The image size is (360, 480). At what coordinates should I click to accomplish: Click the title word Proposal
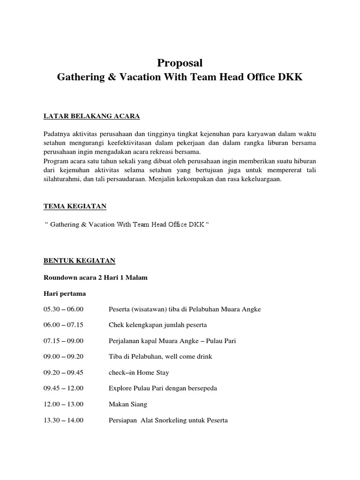pyautogui.click(x=180, y=63)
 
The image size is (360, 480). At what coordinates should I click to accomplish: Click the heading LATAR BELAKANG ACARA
pyautogui.click(x=91, y=116)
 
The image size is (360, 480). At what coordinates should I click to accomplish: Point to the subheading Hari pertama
pyautogui.click(x=65, y=293)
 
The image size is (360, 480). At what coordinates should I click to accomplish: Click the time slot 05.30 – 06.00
pyautogui.click(x=63, y=309)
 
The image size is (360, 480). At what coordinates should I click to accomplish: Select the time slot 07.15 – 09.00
pyautogui.click(x=63, y=341)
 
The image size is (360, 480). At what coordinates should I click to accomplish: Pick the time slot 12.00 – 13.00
pyautogui.click(x=63, y=405)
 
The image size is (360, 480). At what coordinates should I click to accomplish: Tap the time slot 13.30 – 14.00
pyautogui.click(x=63, y=420)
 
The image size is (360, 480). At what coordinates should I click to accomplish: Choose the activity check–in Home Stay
pyautogui.click(x=139, y=373)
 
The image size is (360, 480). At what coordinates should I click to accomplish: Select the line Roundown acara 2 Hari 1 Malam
pyautogui.click(x=95, y=277)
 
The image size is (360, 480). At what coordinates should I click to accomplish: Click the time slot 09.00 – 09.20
pyautogui.click(x=63, y=357)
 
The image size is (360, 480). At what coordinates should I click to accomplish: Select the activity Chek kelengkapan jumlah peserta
pyautogui.click(x=157, y=325)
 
